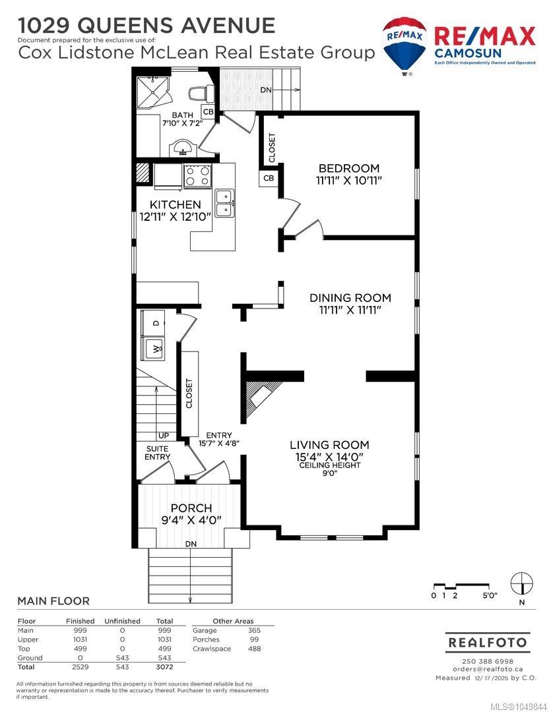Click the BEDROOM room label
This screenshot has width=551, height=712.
click(x=348, y=169)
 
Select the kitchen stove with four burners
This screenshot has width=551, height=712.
click(x=198, y=176)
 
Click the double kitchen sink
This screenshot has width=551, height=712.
click(x=224, y=203)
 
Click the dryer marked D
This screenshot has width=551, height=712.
click(x=154, y=323)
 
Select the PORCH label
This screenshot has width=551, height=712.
click(x=191, y=508)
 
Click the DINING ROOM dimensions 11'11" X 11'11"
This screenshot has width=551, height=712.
click(x=350, y=310)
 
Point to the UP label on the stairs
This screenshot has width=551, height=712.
click(x=164, y=436)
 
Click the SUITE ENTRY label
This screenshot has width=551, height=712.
click(x=157, y=453)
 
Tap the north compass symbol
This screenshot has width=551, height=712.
click(x=521, y=583)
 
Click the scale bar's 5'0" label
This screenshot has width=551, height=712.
click(x=490, y=596)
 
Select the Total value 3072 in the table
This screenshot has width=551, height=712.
click(x=164, y=667)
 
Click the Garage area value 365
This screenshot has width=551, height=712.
click(x=254, y=630)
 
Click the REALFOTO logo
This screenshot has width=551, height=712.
click(x=488, y=643)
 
